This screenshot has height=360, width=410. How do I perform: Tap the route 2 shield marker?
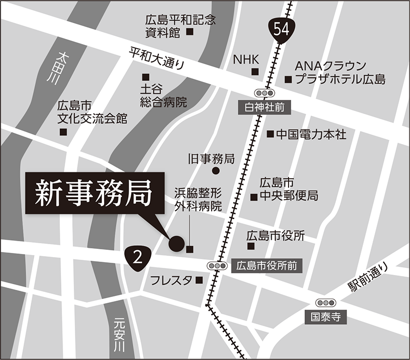coord(137,257)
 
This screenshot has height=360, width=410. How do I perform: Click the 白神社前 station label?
coord(265,108)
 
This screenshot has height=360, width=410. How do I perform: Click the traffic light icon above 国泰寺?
coord(325,303)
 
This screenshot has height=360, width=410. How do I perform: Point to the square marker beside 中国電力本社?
coord(270,134)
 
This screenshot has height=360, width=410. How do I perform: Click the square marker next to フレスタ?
coord(199,280)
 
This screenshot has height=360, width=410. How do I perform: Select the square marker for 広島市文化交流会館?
coord(64,132)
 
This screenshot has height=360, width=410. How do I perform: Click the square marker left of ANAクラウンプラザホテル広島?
coord(288,80)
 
